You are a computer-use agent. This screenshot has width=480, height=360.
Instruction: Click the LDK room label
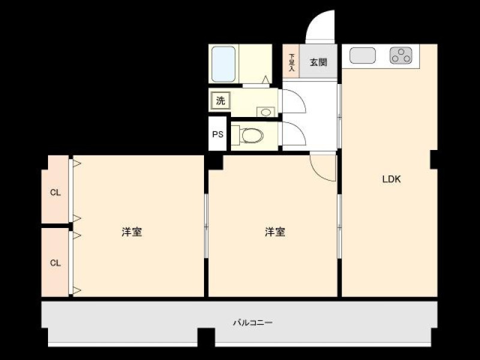(x=391, y=179)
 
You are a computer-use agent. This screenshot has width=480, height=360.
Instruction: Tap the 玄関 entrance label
(x=319, y=62)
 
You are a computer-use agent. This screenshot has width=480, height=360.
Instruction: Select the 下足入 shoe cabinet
(x=291, y=61)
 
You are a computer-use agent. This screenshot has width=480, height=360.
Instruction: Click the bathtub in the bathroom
(x=223, y=64)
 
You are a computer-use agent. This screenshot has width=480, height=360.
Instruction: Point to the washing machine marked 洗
(x=220, y=100)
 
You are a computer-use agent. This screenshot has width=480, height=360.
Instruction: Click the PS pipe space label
(x=218, y=134)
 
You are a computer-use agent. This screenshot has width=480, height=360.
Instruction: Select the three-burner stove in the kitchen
(x=401, y=55)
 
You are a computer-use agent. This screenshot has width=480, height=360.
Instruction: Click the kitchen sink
(x=362, y=55)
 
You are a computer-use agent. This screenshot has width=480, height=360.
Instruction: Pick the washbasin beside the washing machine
(x=265, y=112)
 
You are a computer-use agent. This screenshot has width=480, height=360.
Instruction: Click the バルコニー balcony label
(x=253, y=322)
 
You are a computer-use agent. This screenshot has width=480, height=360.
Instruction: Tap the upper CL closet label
(x=55, y=193)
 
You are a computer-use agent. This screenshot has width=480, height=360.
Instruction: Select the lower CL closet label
(x=55, y=263)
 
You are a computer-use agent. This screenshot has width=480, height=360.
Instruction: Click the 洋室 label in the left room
(x=131, y=232)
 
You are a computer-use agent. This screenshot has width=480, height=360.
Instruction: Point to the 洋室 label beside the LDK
(x=275, y=232)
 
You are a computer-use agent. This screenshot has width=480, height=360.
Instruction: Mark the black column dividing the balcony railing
(x=206, y=337)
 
